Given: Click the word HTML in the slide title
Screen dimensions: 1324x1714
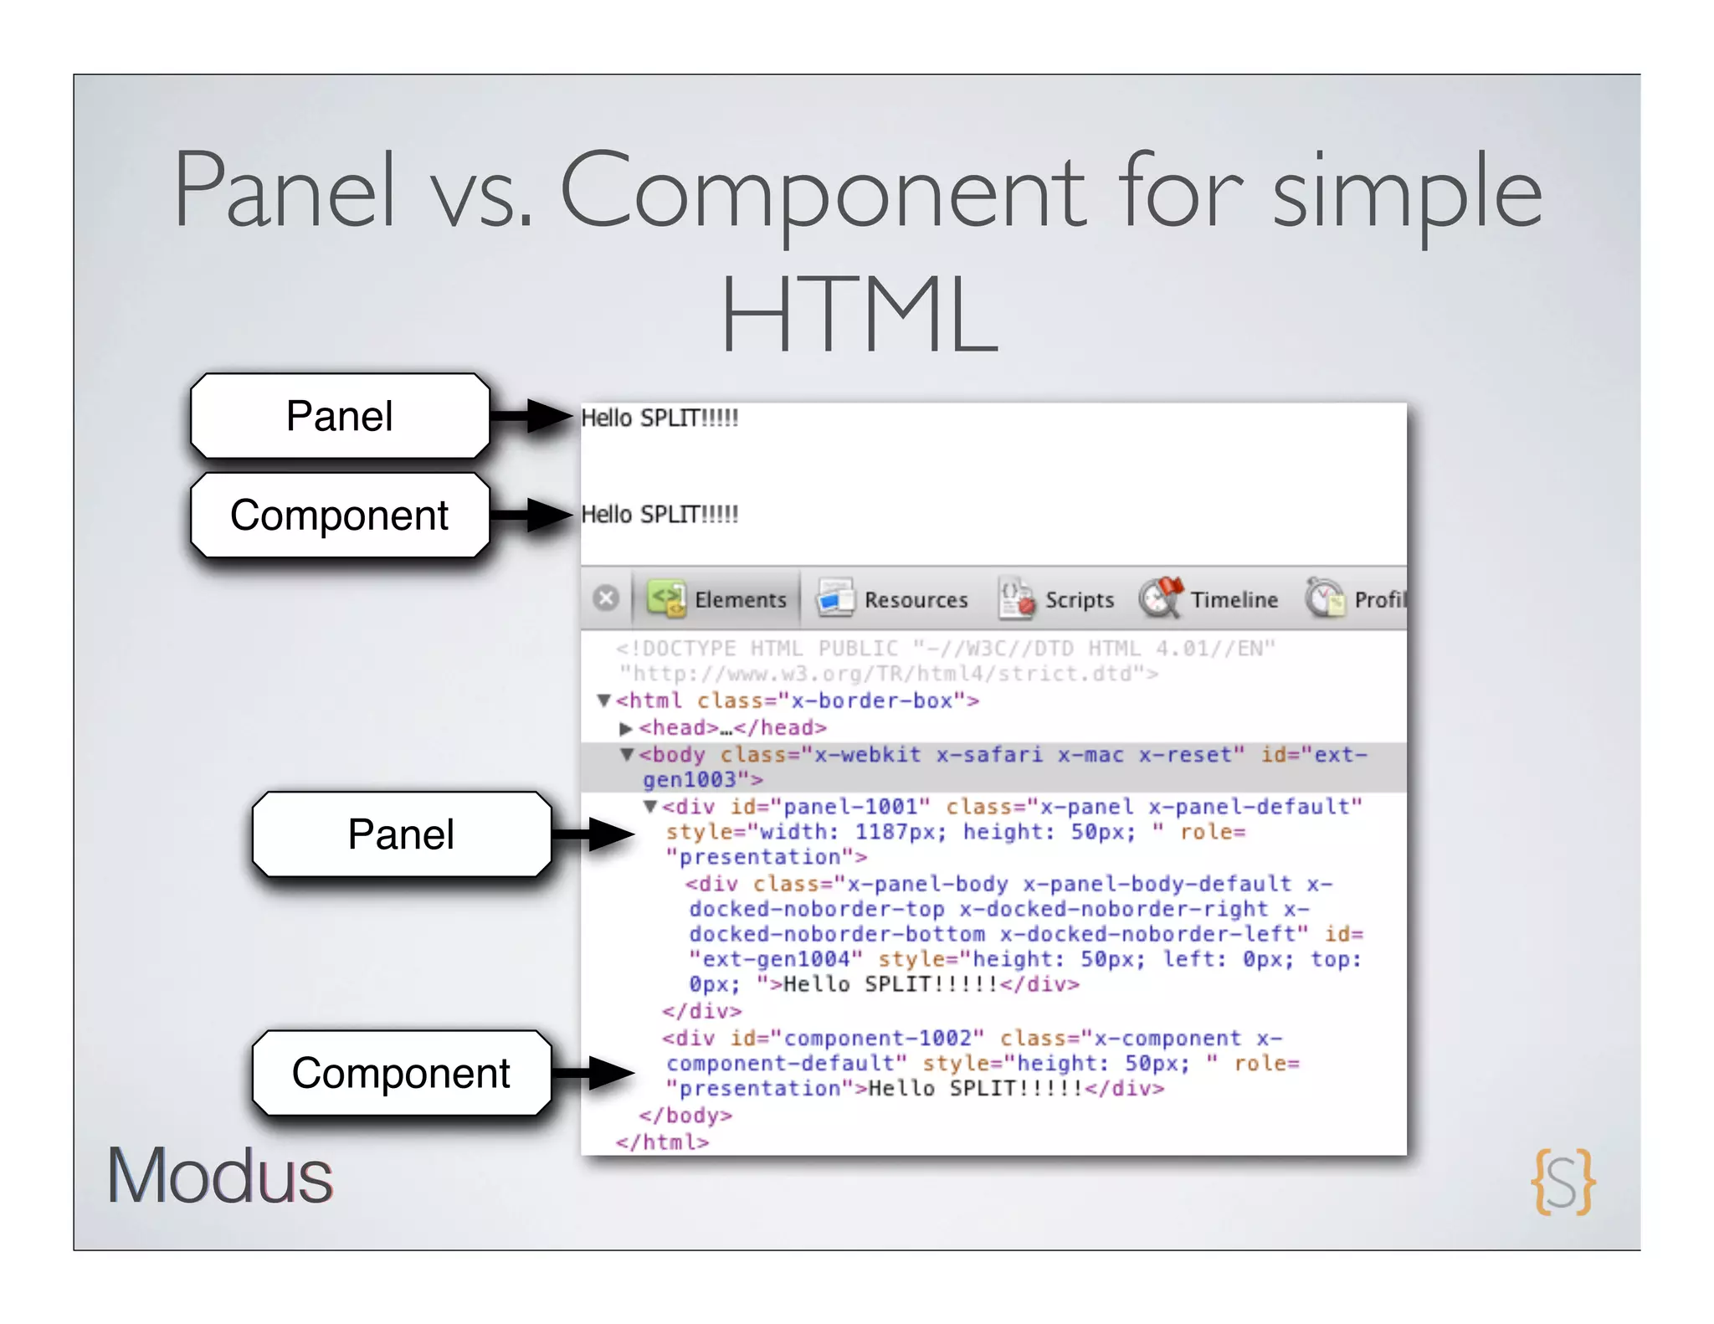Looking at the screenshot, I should (x=860, y=315).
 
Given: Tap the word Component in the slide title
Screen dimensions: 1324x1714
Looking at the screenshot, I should (x=823, y=192).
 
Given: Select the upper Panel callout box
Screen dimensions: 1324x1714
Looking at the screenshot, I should (x=340, y=416).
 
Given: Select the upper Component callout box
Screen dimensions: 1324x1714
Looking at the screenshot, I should (x=340, y=515).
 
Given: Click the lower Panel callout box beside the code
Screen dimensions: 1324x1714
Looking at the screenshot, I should (x=402, y=834).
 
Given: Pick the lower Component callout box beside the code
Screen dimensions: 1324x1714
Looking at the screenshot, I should (x=402, y=1073).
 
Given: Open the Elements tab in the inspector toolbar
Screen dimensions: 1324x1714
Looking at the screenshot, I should (x=718, y=599).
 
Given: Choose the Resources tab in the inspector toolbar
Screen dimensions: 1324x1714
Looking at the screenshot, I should (x=892, y=599).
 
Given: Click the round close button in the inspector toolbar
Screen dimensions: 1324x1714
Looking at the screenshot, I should (x=606, y=598).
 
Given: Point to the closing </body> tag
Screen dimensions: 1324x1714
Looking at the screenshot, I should (x=685, y=1116).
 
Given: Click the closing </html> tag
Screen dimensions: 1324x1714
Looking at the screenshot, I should (x=662, y=1142).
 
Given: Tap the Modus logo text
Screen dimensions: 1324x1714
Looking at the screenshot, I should (x=219, y=1176).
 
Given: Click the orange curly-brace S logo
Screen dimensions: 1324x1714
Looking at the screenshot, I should (x=1563, y=1182).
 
